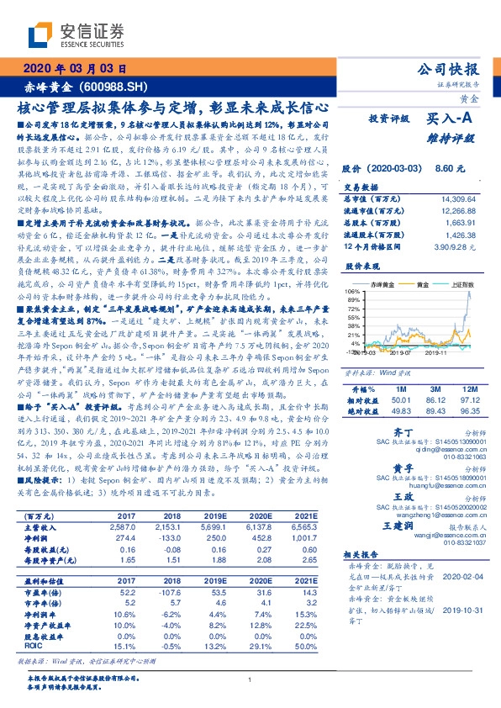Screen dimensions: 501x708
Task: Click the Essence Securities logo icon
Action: [x=42, y=36]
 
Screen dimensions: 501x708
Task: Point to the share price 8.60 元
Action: [x=451, y=168]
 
